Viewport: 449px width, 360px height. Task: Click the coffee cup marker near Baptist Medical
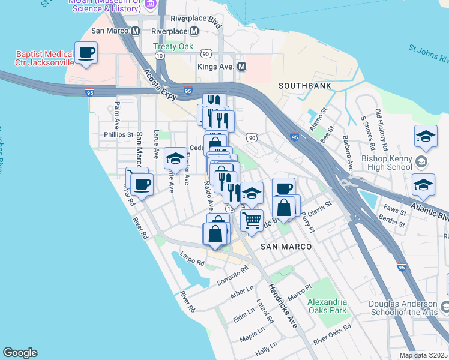point(86,53)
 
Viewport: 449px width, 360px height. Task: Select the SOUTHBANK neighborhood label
point(305,86)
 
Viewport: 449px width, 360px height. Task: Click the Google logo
point(20,353)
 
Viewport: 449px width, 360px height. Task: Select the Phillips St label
point(118,135)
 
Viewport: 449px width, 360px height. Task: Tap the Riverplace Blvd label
point(196,19)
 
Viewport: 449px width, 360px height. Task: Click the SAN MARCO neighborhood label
point(286,247)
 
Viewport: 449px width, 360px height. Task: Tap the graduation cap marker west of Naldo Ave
point(175,158)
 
